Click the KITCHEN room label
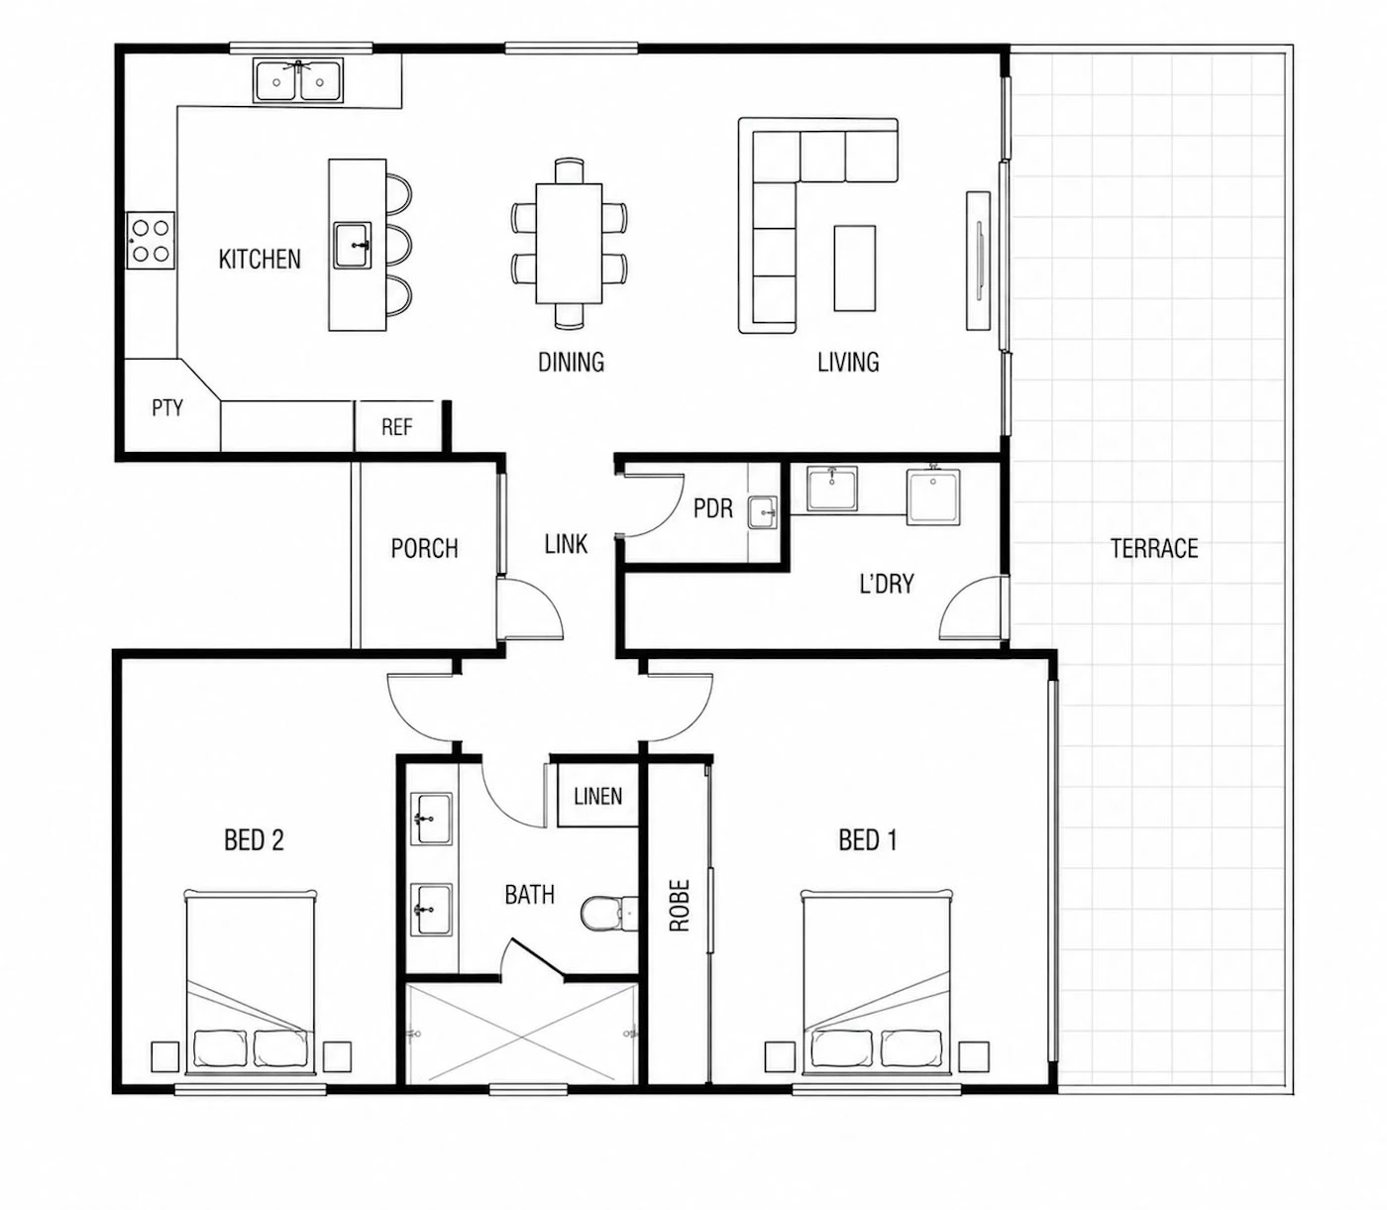260,259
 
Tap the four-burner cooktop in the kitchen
151,241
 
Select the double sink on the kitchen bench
298,80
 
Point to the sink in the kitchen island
353,245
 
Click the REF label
396,427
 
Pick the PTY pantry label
167,407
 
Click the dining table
569,244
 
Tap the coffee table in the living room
854,268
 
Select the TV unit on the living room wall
978,261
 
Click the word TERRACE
1154,548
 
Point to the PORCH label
424,548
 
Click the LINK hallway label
566,544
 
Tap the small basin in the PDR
763,512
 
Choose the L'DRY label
887,584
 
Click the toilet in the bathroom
609,913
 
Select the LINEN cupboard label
598,796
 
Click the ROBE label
680,906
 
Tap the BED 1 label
868,840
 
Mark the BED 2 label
255,840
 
